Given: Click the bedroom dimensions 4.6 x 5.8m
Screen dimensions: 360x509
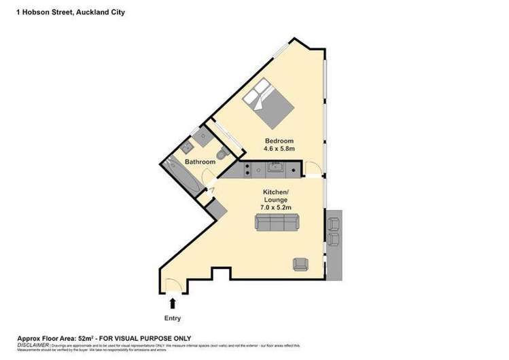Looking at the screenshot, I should (279, 150).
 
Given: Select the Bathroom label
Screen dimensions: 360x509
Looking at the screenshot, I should (200, 162).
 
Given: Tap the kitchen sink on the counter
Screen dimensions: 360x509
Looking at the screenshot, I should (275, 167).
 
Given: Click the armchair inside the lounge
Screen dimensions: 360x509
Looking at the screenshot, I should (300, 263).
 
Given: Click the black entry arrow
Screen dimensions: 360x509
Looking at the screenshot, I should (173, 302).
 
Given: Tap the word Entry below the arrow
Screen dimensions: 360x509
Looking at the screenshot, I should (173, 317).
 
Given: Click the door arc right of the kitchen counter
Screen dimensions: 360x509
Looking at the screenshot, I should (311, 168).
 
